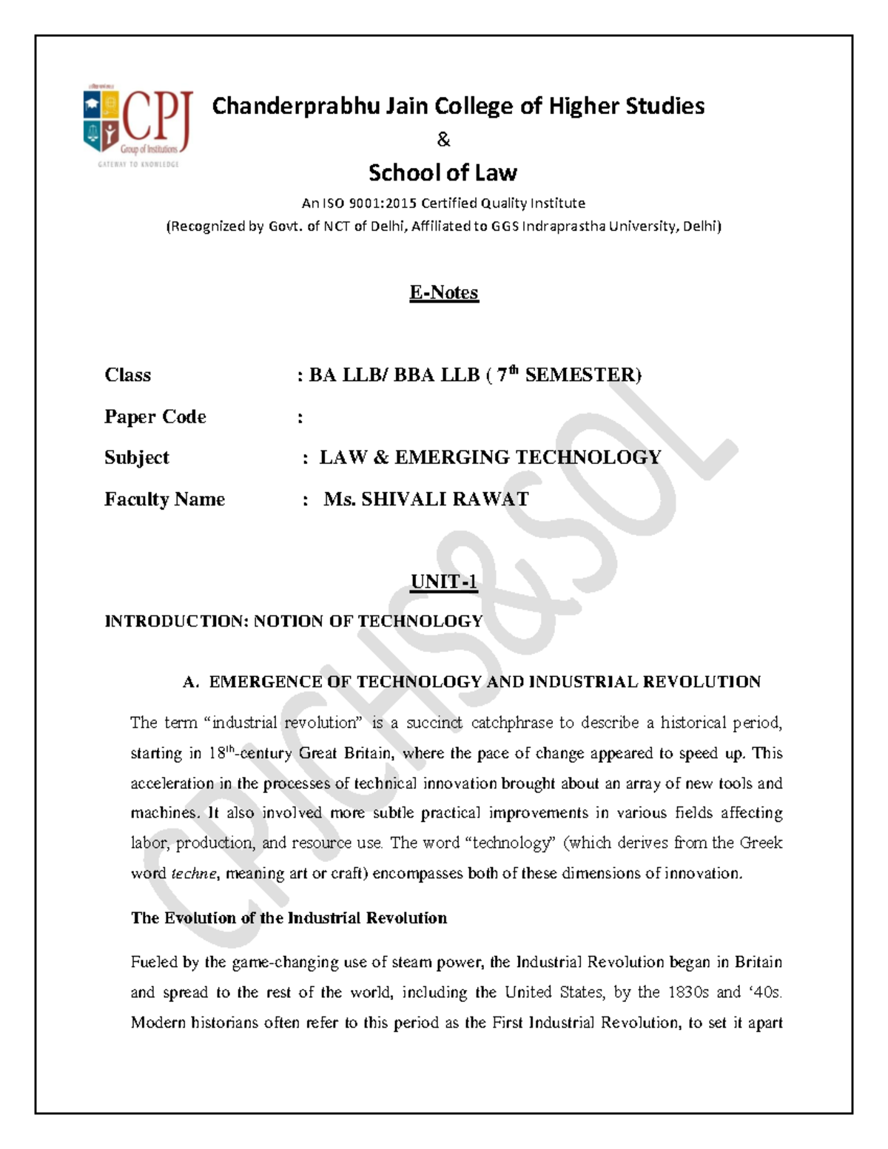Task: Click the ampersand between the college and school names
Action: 443,139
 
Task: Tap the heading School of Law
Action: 443,173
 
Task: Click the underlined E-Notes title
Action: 444,293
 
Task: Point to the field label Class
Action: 127,375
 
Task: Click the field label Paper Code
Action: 155,417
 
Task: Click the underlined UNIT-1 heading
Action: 444,582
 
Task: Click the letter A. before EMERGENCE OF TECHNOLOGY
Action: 191,682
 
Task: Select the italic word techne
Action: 194,874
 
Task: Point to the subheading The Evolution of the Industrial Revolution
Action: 289,918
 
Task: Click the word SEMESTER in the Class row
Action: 582,375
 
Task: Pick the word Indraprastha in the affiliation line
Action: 564,226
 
